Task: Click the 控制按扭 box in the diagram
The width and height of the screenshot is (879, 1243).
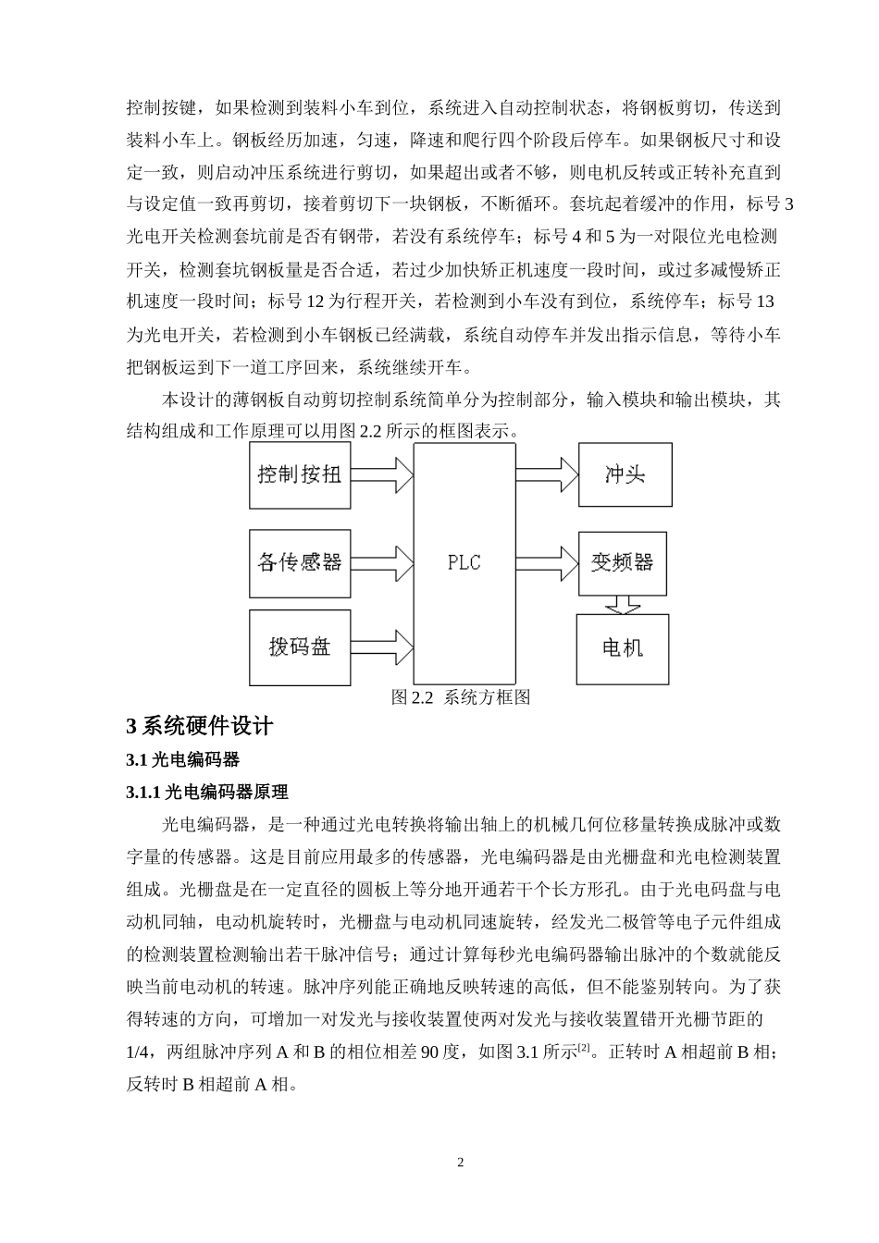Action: (x=300, y=475)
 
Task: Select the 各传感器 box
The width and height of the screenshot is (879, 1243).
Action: (x=300, y=561)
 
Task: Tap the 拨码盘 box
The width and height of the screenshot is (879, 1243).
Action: (x=300, y=647)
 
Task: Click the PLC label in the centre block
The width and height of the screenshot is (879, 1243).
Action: (x=464, y=562)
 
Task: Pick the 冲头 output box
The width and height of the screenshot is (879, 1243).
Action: (x=625, y=475)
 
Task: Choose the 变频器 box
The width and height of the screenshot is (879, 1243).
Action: (x=622, y=562)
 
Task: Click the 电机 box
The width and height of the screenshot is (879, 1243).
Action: (x=622, y=647)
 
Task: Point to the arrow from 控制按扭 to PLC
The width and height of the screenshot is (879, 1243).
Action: (x=382, y=475)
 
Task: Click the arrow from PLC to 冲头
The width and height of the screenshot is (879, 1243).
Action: (x=546, y=475)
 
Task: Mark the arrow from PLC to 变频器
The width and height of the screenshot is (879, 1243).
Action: (x=546, y=562)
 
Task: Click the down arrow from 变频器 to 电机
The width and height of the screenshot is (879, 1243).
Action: (x=622, y=604)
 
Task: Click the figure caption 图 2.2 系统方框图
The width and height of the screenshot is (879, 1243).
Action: (x=460, y=697)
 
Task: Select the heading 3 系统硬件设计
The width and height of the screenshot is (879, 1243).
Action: (x=200, y=726)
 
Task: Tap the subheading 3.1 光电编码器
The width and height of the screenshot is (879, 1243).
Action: (x=182, y=759)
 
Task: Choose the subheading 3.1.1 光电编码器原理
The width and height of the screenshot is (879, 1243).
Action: (x=207, y=792)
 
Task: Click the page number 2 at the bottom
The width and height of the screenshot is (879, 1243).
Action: (x=460, y=1163)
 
